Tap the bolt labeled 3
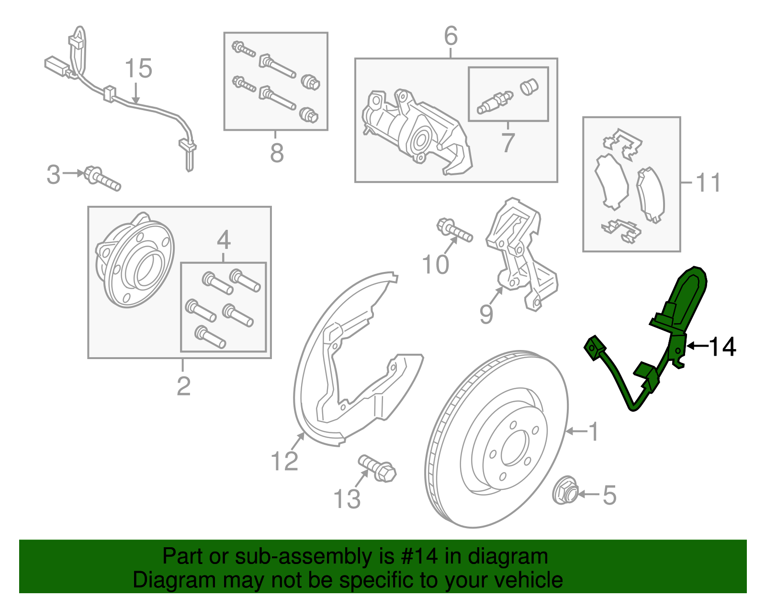(102, 179)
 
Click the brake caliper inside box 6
(416, 132)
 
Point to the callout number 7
(508, 142)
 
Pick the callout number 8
(277, 153)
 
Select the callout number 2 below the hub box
(184, 386)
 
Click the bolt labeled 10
(454, 230)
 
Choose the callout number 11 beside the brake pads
(708, 182)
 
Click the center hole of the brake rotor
(515, 447)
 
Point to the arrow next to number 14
(697, 346)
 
